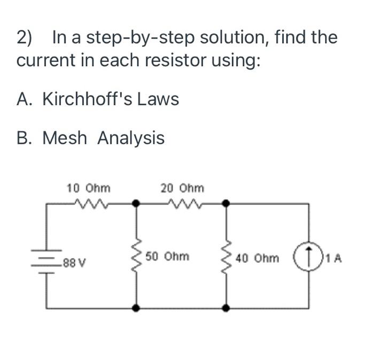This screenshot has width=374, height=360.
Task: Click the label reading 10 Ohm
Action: point(89,188)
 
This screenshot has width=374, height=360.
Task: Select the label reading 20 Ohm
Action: point(182,188)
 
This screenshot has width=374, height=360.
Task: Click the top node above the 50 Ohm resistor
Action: point(137,203)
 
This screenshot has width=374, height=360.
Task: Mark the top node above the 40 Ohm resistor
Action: point(227,203)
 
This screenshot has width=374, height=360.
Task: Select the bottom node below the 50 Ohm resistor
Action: point(137,308)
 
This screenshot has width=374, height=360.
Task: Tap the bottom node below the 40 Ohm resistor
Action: point(227,308)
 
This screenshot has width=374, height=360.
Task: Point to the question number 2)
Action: point(25,38)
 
